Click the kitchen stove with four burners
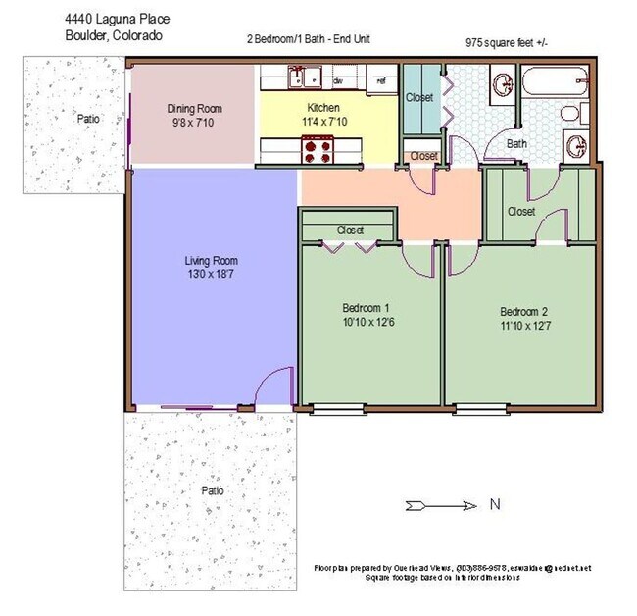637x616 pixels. click(318, 150)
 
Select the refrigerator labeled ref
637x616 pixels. click(381, 81)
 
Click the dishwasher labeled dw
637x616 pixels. click(339, 81)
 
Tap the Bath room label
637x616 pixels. click(515, 144)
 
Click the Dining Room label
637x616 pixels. click(195, 109)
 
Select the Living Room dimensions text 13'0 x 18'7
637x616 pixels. click(211, 276)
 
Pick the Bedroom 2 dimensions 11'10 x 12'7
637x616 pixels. click(519, 327)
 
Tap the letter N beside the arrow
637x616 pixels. click(497, 506)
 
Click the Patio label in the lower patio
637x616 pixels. click(212, 489)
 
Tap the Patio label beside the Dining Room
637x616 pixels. click(88, 119)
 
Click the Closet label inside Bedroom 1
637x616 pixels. click(350, 231)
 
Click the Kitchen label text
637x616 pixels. click(323, 108)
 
